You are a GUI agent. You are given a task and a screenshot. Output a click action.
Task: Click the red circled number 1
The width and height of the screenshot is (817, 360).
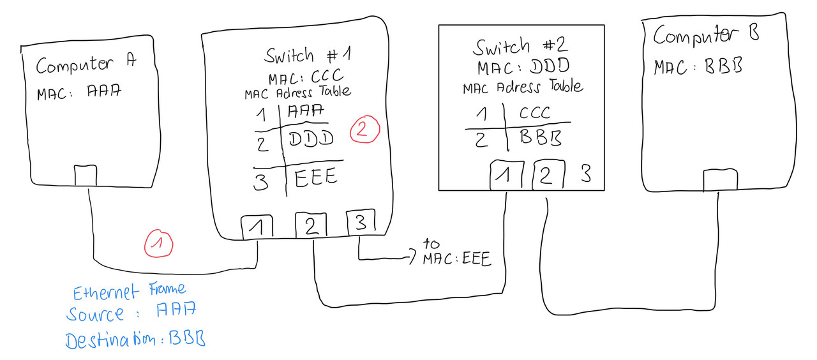point(160,244)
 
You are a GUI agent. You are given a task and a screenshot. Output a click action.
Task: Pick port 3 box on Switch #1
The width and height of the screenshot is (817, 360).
point(361,222)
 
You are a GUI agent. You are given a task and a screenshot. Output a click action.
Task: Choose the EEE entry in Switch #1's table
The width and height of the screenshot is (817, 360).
point(317,177)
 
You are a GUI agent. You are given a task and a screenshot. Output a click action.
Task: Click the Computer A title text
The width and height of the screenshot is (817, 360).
point(86,64)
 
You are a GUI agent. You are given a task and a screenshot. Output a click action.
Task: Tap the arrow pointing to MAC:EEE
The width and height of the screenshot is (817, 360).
point(411,259)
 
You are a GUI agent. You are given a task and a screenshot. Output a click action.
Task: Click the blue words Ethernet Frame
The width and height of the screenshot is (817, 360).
point(130,292)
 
